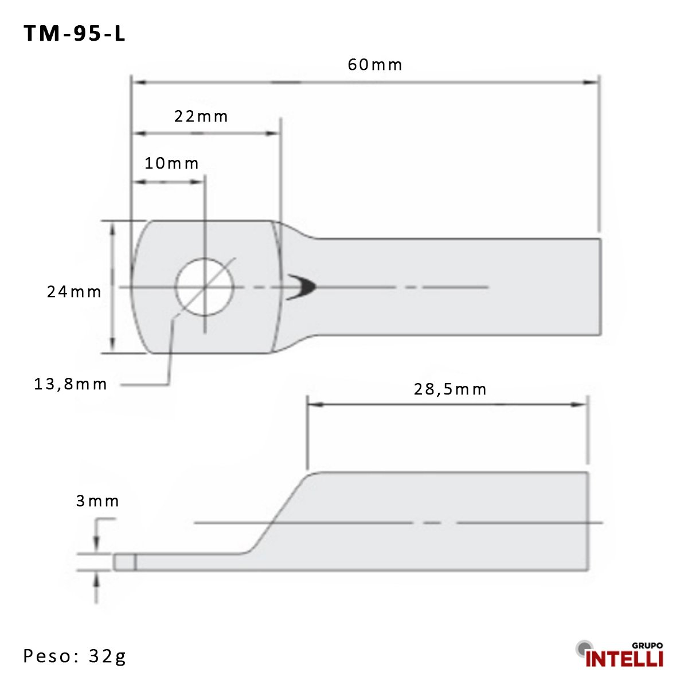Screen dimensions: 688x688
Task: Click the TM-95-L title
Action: pyautogui.click(x=75, y=33)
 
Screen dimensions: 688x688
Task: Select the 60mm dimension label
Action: pyautogui.click(x=375, y=65)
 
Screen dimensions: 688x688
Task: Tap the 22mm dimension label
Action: pyautogui.click(x=201, y=116)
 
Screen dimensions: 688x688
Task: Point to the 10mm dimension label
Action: pyautogui.click(x=171, y=163)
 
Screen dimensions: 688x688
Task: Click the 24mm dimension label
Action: pyautogui.click(x=74, y=292)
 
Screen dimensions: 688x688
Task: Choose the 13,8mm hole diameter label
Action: pyautogui.click(x=71, y=384)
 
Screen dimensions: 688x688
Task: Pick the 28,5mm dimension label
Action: pyautogui.click(x=450, y=389)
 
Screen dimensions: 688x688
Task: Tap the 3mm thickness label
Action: pyautogui.click(x=97, y=501)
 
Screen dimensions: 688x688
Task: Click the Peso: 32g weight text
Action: pyautogui.click(x=75, y=656)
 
